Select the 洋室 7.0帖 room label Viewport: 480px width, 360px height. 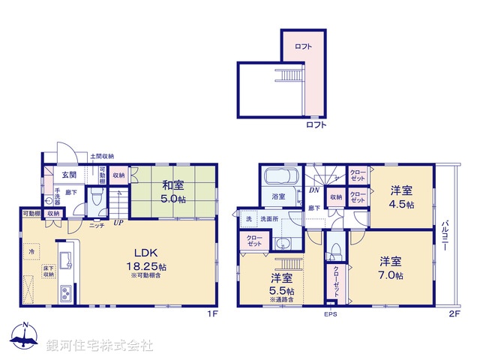tap(390, 268)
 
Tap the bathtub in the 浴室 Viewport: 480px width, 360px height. tap(281, 181)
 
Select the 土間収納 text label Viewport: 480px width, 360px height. tap(101, 156)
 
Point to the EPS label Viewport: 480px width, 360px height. tap(331, 314)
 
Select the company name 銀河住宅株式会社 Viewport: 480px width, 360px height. tap(100, 345)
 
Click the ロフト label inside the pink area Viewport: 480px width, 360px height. tap(303, 46)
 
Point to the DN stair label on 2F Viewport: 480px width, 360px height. tap(312, 190)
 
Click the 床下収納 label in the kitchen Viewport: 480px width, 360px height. tap(47, 270)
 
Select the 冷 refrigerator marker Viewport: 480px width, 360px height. tap(31, 253)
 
